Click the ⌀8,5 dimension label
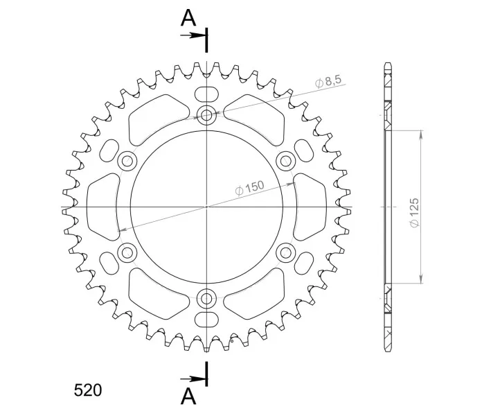coord(328,81)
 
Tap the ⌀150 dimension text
coord(249,187)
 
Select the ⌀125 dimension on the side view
coord(414,212)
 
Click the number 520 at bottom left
coord(88,390)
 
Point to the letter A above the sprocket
coord(188,18)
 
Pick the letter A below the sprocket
coord(188,396)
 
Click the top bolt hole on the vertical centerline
coord(206,115)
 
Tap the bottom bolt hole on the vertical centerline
coord(206,298)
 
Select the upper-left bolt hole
coord(127,161)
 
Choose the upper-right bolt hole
coord(286,161)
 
